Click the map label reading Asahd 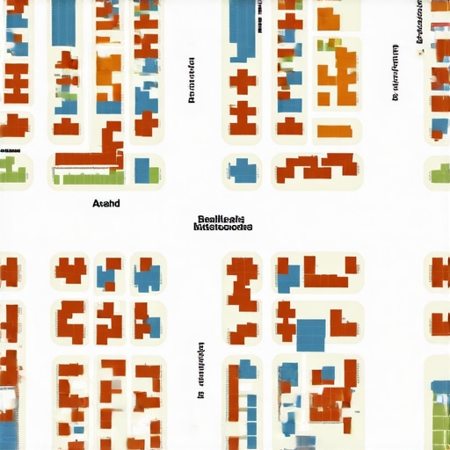click(105, 203)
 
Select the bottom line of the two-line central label click(222, 227)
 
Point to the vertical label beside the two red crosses click(191, 81)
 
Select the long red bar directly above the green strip click(87, 160)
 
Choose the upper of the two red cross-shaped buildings click(243, 82)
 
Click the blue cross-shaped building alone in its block click(242, 170)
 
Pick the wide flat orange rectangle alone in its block click(337, 130)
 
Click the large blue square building click(310, 333)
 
